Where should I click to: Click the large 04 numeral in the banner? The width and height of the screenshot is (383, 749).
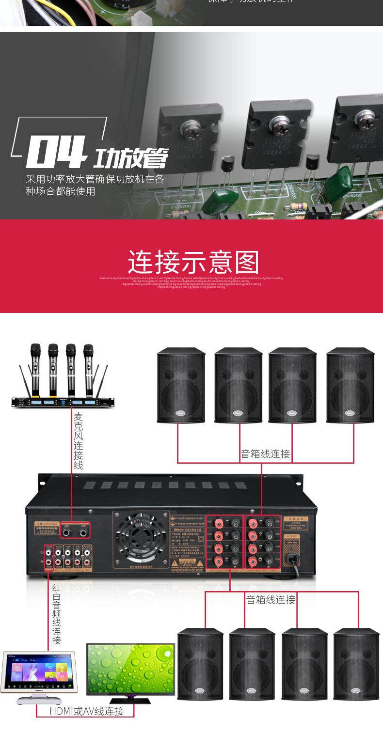pos(56,152)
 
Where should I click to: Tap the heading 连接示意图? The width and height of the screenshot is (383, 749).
pos(193,262)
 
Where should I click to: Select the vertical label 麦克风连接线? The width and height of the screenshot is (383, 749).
pos(78,440)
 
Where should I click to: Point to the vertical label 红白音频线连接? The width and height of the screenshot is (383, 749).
pos(57,614)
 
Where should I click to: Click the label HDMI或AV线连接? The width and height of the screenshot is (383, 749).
pos(87,711)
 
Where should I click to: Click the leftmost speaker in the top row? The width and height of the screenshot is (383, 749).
pos(181,385)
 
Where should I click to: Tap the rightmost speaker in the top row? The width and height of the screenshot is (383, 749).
pos(350,385)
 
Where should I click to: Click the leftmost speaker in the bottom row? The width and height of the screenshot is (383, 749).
pos(200,664)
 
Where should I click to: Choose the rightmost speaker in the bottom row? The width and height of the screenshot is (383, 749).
pos(356,664)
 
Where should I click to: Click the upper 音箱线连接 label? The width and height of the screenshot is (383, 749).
pos(265,454)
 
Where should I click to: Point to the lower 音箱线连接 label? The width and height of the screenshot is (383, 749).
pos(271,599)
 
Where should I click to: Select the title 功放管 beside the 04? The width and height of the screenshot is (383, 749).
pos(130,157)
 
